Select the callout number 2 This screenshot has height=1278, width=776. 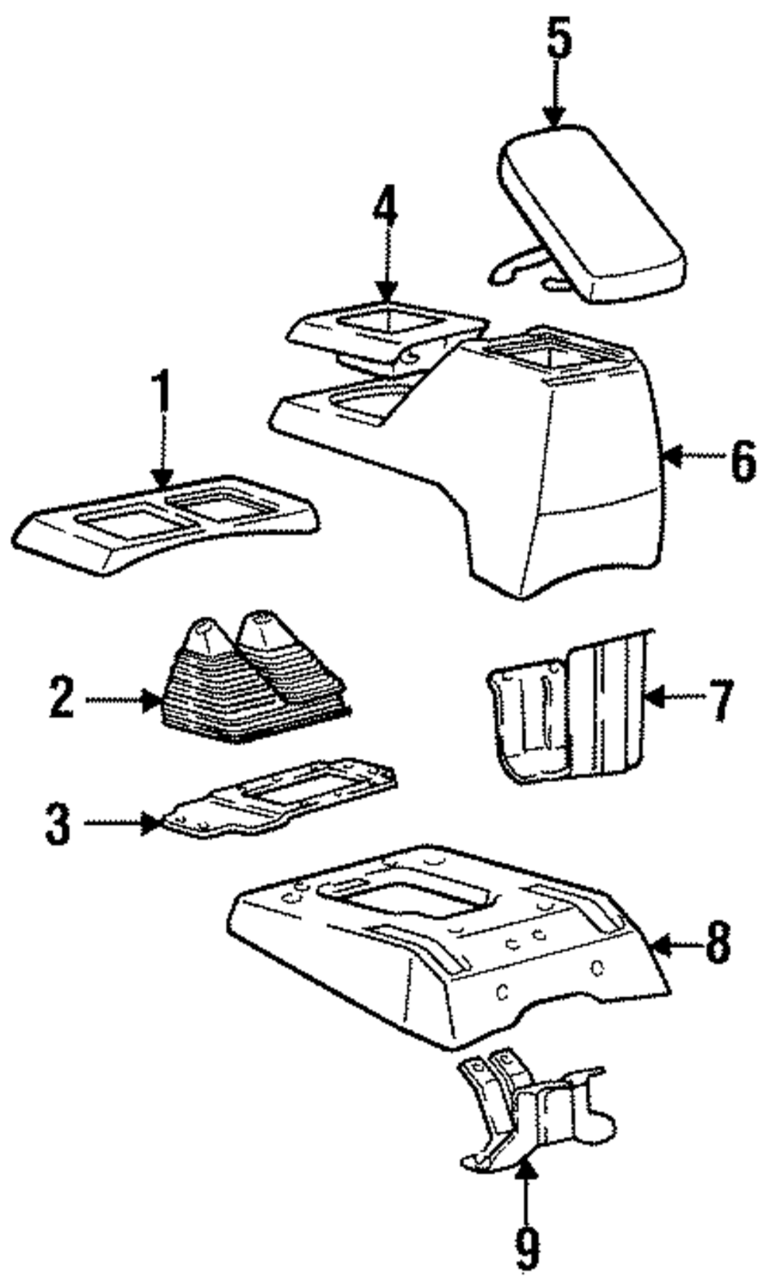61,698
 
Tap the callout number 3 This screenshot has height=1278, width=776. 57,823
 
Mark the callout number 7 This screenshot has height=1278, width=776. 720,698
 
